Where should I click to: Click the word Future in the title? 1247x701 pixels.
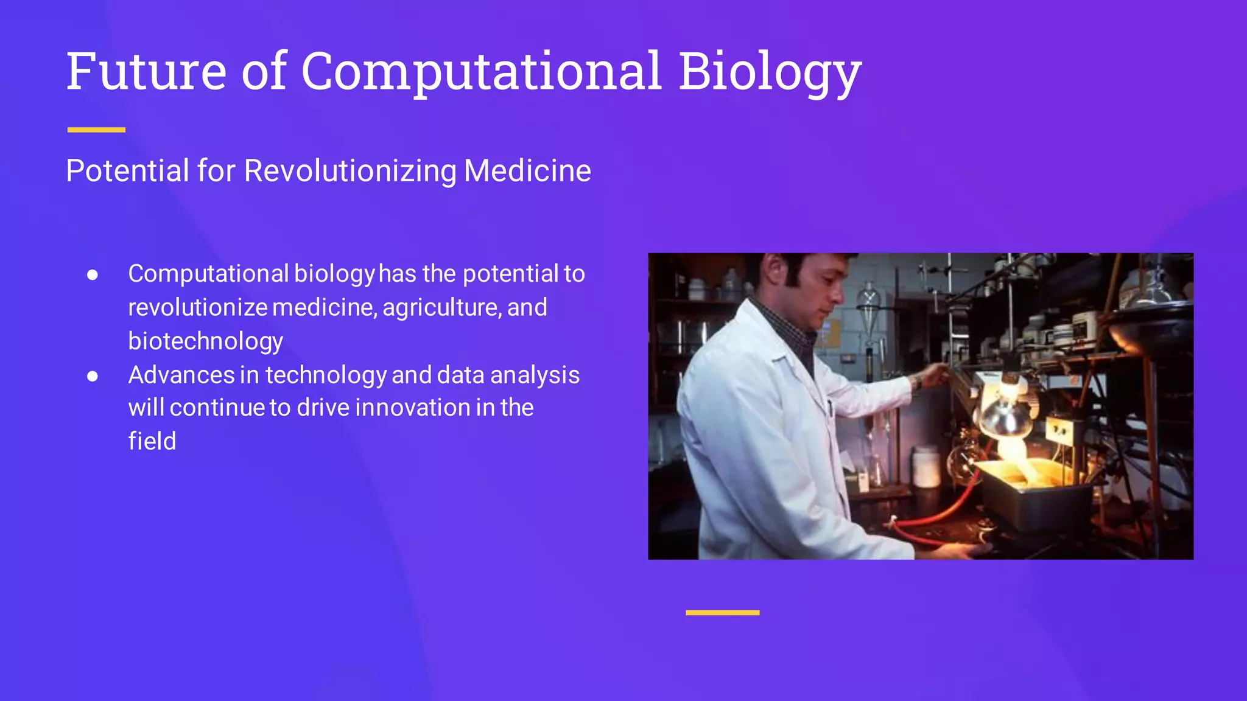pyautogui.click(x=146, y=72)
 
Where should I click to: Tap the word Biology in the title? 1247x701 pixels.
pyautogui.click(x=770, y=73)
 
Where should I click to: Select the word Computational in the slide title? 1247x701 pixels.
pyautogui.click(x=481, y=73)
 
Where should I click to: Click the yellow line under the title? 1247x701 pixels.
pyautogui.click(x=96, y=130)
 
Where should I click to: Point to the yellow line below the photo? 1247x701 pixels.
pyautogui.click(x=722, y=613)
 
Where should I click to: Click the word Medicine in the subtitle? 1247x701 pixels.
pyautogui.click(x=527, y=171)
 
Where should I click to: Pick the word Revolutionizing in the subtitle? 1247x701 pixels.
pyautogui.click(x=350, y=171)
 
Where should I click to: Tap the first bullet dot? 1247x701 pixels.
pyautogui.click(x=93, y=275)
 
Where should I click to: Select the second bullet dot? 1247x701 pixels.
pyautogui.click(x=93, y=376)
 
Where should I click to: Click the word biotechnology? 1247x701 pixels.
pyautogui.click(x=205, y=341)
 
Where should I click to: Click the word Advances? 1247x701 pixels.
pyautogui.click(x=181, y=375)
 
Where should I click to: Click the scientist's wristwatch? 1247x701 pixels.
pyautogui.click(x=917, y=382)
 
